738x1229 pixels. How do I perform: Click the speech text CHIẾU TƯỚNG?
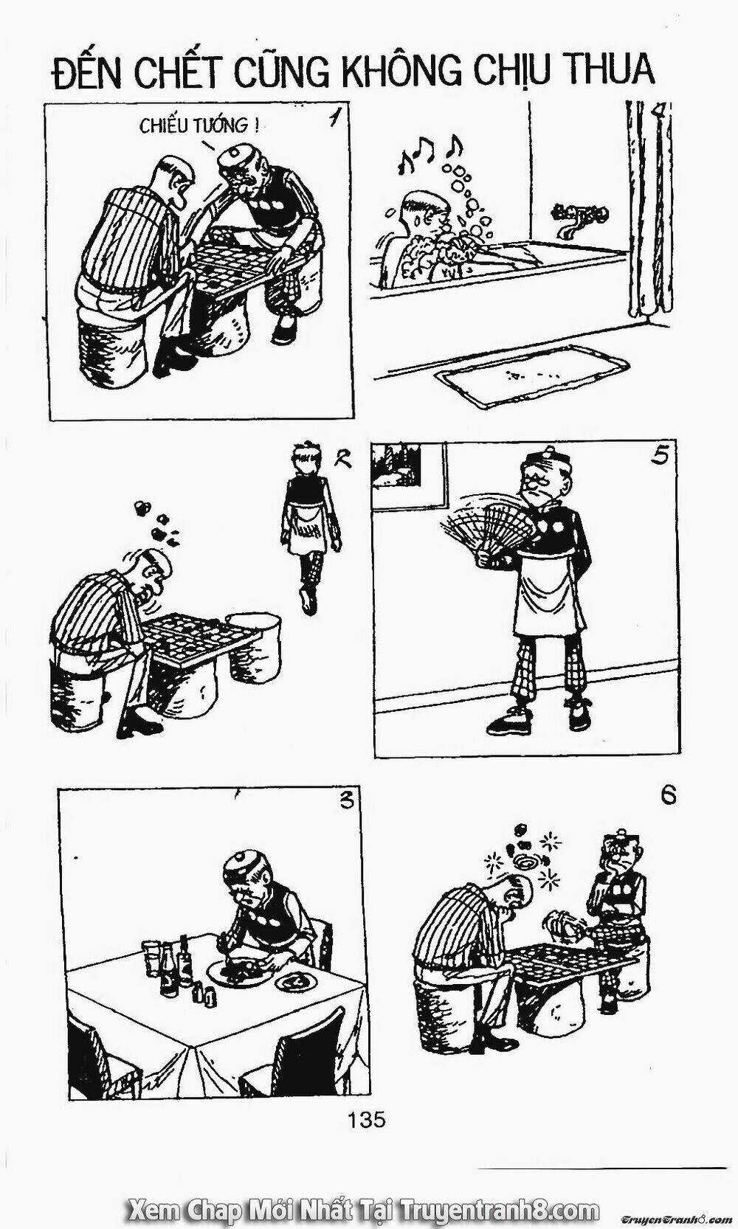[199, 126]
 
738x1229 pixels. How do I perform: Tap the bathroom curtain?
[650, 213]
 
